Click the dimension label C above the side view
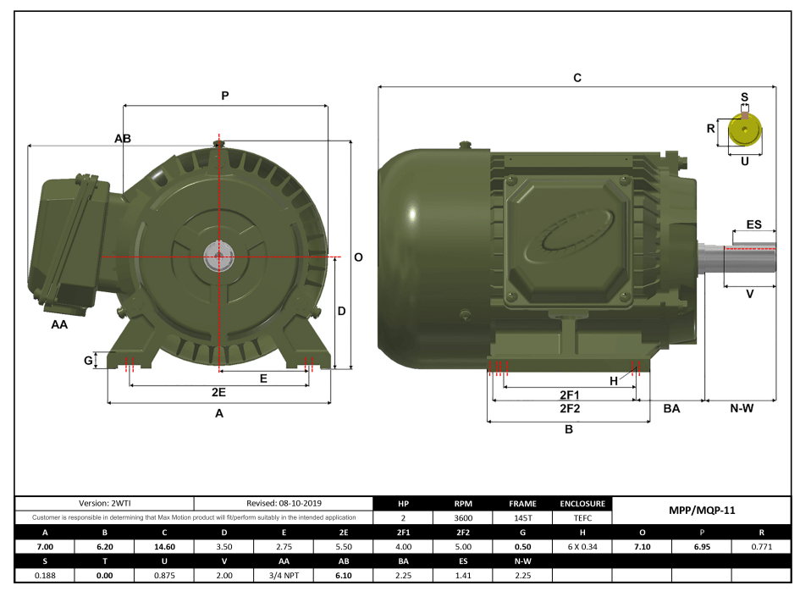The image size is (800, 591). (x=577, y=78)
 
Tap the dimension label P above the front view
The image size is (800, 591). (x=225, y=97)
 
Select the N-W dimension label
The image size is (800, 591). (x=742, y=409)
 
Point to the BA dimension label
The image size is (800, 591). (x=671, y=409)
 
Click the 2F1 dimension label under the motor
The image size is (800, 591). (x=569, y=395)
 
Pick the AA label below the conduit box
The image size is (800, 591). (x=59, y=323)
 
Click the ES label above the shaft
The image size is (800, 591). (x=753, y=225)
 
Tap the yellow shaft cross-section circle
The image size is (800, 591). (x=745, y=131)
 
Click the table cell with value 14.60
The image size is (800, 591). (x=164, y=547)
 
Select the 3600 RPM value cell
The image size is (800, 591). (x=463, y=516)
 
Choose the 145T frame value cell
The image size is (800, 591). (x=522, y=516)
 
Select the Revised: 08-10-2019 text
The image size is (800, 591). (x=284, y=503)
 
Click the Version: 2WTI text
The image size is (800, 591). (x=105, y=503)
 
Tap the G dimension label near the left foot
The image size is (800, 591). (x=88, y=361)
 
